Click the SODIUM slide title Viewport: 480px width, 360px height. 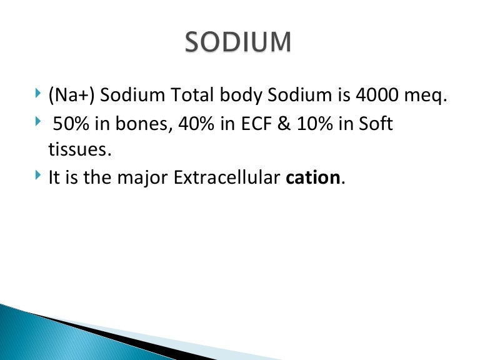238,42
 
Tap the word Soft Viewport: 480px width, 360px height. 376,124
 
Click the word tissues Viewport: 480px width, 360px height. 75,150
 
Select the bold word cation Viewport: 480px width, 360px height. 313,177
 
